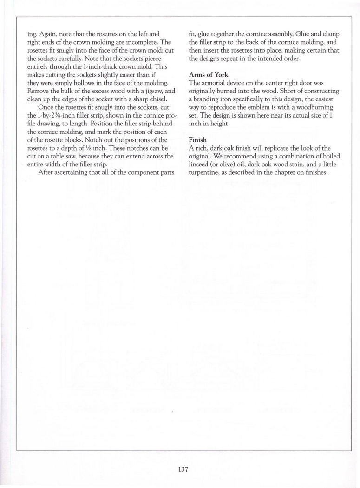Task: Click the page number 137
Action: point(183,469)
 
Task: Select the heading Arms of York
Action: point(209,75)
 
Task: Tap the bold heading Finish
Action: point(198,139)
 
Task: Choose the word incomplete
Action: point(125,42)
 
